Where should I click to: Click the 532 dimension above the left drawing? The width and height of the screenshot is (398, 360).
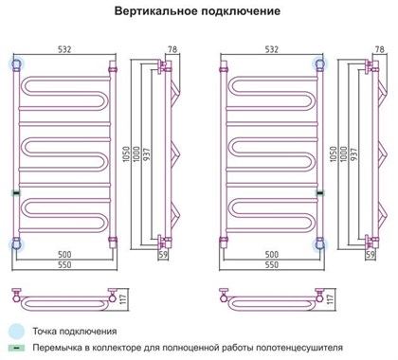pos(65,48)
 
